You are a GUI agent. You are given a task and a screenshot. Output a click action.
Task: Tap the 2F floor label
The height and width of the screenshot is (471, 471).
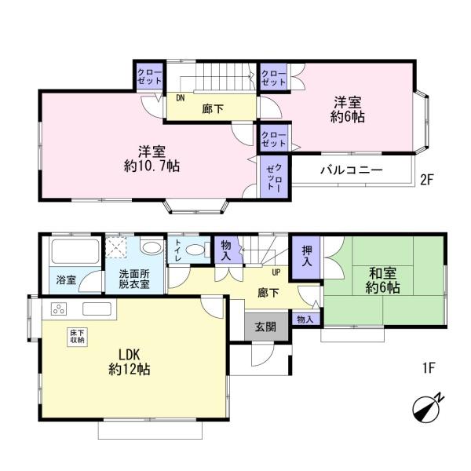(427, 179)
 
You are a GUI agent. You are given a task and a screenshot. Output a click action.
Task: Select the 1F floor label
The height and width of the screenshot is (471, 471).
(427, 367)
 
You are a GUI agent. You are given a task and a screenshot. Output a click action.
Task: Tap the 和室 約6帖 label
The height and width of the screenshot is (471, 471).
(383, 279)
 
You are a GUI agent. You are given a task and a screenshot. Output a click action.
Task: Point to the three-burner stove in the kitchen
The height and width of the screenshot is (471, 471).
(58, 309)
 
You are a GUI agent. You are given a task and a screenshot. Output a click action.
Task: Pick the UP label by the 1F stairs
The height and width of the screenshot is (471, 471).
(276, 272)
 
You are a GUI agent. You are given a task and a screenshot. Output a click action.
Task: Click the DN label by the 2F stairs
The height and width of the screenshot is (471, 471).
(180, 98)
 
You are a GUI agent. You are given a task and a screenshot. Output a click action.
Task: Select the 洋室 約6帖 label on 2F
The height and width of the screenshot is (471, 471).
(348, 109)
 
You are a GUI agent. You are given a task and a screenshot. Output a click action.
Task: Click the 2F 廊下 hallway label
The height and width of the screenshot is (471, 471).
(212, 108)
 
